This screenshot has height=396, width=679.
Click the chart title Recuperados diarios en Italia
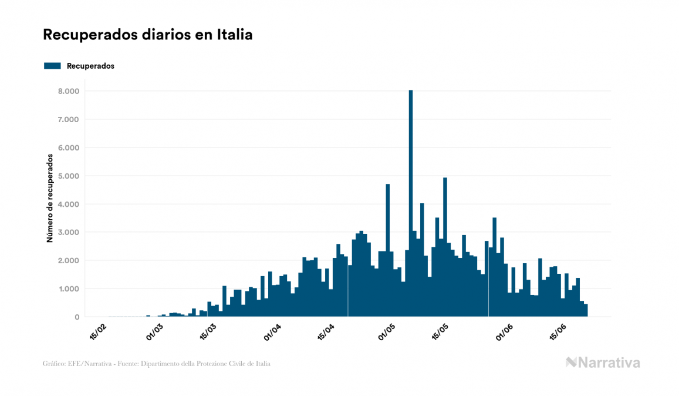point(147,35)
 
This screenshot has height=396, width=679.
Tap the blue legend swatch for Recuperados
point(52,66)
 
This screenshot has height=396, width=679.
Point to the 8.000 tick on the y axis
point(69,91)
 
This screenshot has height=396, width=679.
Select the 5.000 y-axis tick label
point(69,176)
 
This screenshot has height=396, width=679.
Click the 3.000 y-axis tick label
point(69,232)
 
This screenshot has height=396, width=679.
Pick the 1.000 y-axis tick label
point(69,288)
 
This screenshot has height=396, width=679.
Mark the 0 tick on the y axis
point(77,317)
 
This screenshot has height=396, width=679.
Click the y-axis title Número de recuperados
point(50,199)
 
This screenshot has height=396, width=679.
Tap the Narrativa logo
point(603,363)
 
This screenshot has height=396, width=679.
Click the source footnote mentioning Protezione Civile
point(157,364)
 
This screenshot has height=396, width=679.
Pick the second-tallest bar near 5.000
point(445,247)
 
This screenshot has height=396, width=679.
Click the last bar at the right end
point(585,310)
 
